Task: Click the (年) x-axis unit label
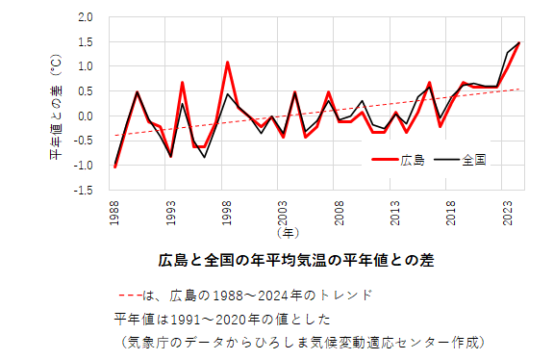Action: pyautogui.click(x=287, y=232)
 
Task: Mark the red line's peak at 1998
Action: pyautogui.click(x=227, y=63)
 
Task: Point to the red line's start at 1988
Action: pyautogui.click(x=115, y=167)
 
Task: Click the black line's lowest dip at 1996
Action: pyautogui.click(x=205, y=157)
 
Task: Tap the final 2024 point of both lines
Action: pyautogui.click(x=519, y=42)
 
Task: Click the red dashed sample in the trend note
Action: pyautogui.click(x=130, y=296)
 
